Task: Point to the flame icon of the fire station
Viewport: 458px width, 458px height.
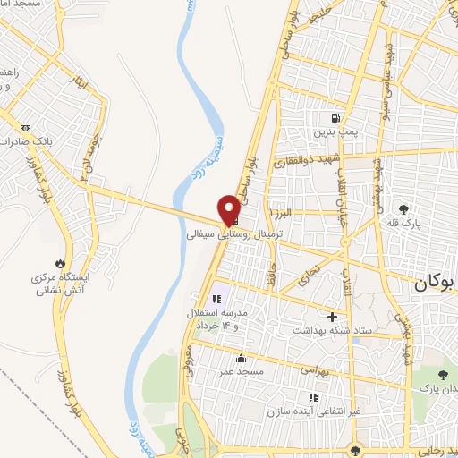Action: click(59, 264)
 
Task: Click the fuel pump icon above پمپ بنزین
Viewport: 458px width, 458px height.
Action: click(335, 117)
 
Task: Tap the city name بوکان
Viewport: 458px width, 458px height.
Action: click(435, 283)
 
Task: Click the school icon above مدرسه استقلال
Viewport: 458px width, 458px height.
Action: click(216, 300)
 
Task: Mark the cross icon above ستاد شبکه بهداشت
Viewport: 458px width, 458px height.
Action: click(333, 316)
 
